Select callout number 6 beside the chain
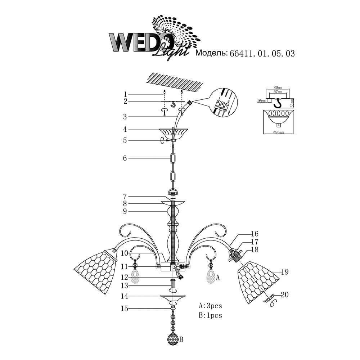tap(125, 158)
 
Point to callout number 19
tap(285, 273)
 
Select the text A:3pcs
tap(210, 306)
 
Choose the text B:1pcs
tap(210, 316)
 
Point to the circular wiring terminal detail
tap(224, 103)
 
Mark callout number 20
tap(285, 295)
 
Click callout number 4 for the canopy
tap(125, 129)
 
